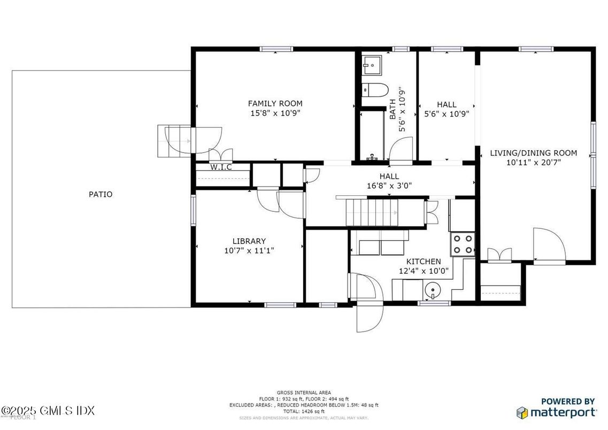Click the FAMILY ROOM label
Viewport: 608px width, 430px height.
275,103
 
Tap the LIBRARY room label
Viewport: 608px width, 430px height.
249,241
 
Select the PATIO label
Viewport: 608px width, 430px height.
101,195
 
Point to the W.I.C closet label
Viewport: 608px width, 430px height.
220,167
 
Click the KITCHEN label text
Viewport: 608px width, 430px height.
424,262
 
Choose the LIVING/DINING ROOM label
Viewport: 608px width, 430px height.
533,153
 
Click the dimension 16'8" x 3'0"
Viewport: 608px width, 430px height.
389,186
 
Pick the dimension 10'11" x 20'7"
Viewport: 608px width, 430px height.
533,163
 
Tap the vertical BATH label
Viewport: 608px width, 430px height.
393,109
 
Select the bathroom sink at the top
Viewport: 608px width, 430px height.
370,67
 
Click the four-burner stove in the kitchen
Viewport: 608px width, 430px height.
463,244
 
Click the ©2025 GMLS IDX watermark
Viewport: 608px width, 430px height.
48,410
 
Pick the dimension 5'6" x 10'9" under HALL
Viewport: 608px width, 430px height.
447,114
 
